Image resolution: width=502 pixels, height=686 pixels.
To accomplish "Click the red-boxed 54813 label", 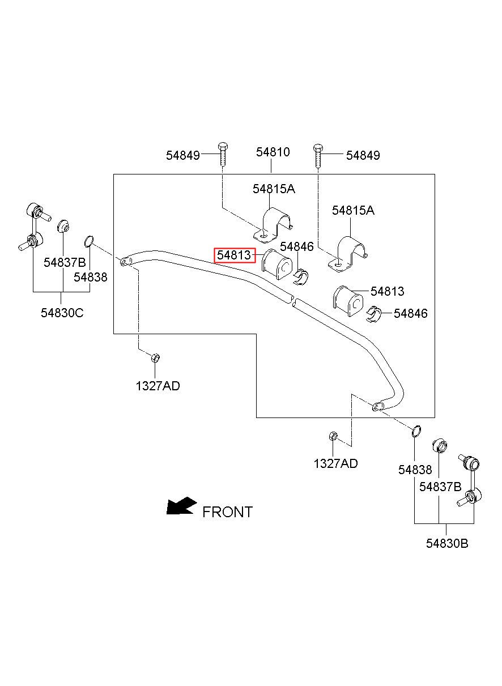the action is (235, 255).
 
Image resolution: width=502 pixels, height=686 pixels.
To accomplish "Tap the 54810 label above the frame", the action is (273, 152).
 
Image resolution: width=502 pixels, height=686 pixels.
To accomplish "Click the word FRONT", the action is (228, 512).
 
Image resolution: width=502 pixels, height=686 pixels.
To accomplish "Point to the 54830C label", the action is (62, 313).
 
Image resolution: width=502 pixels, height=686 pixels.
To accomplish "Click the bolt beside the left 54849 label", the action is (223, 154).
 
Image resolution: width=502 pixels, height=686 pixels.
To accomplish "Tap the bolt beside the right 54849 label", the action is (318, 156).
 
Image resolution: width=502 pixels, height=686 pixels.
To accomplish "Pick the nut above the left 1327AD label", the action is (156, 357).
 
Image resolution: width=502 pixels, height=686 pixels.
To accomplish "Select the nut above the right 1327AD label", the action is (333, 436).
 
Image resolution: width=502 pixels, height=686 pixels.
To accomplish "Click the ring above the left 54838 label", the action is (89, 241).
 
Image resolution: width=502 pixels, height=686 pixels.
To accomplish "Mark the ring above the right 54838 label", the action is (416, 431).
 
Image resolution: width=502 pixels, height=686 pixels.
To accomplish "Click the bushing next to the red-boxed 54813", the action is (277, 265).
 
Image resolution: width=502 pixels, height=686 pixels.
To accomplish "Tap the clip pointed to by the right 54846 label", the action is (373, 314).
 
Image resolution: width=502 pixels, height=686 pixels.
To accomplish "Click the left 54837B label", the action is (65, 262).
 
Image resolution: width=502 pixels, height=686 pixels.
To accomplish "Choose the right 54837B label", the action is (440, 487).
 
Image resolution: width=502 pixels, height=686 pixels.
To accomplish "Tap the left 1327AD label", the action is (158, 386).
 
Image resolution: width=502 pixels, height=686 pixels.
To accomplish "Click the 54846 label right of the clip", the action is (410, 313).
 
